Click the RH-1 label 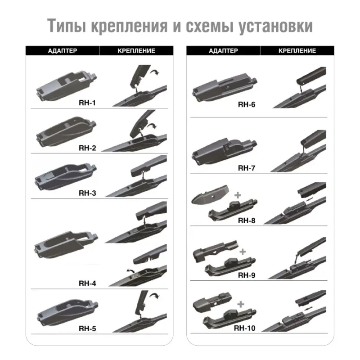point(88,103)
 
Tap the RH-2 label point(88,148)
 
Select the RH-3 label point(88,193)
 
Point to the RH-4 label point(88,283)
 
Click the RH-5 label point(88,328)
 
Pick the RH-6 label point(247,104)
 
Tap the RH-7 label point(247,168)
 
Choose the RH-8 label point(247,220)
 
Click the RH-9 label point(247,275)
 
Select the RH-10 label point(245,328)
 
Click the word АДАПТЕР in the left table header point(62,51)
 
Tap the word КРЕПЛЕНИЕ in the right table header point(297,51)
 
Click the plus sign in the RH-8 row point(238,194)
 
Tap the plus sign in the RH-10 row point(240,304)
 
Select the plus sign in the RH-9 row point(243,252)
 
